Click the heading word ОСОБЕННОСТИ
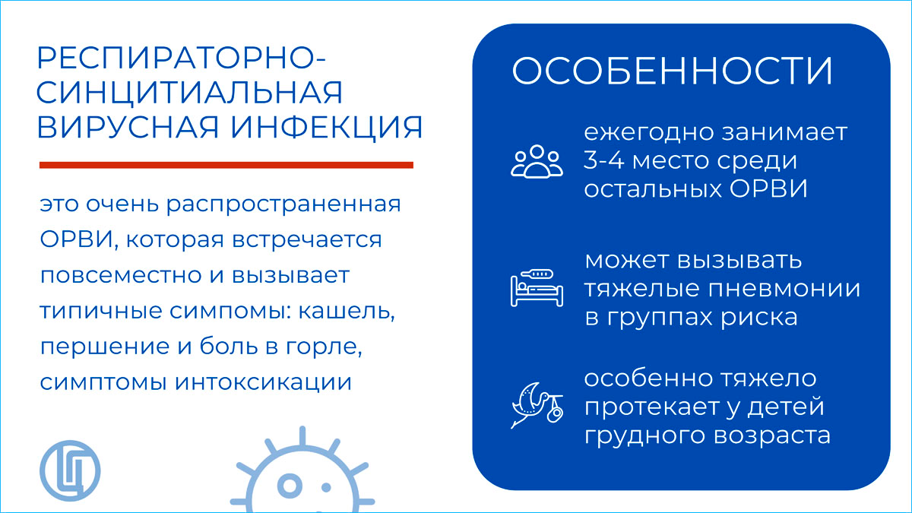pyautogui.click(x=672, y=71)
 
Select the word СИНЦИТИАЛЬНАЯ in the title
pyautogui.click(x=190, y=93)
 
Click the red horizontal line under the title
pyautogui.click(x=226, y=165)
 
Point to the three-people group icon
pyautogui.click(x=537, y=161)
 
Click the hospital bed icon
pyautogui.click(x=537, y=288)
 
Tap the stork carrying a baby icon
pyautogui.click(x=537, y=405)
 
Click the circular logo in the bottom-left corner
pyautogui.click(x=70, y=470)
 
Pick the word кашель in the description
pyautogui.click(x=347, y=312)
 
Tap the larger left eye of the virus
pyautogui.click(x=290, y=486)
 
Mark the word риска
pyautogui.click(x=759, y=318)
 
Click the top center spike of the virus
pyautogui.click(x=302, y=436)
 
